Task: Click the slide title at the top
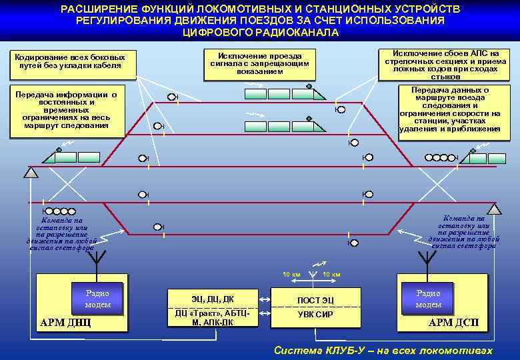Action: pyautogui.click(x=260, y=21)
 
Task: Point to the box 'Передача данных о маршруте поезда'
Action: pyautogui.click(x=449, y=110)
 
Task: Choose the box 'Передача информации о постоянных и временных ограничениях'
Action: pyautogui.click(x=66, y=111)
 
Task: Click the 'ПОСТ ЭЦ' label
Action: pyautogui.click(x=315, y=300)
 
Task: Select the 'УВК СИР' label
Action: pyautogui.click(x=315, y=315)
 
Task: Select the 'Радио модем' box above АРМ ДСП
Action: pyautogui.click(x=428, y=298)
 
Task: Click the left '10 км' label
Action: pyautogui.click(x=291, y=275)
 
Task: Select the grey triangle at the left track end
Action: pyautogui.click(x=30, y=173)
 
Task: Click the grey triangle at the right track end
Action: pyautogui.click(x=493, y=209)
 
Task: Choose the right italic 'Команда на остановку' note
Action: pyautogui.click(x=463, y=232)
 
